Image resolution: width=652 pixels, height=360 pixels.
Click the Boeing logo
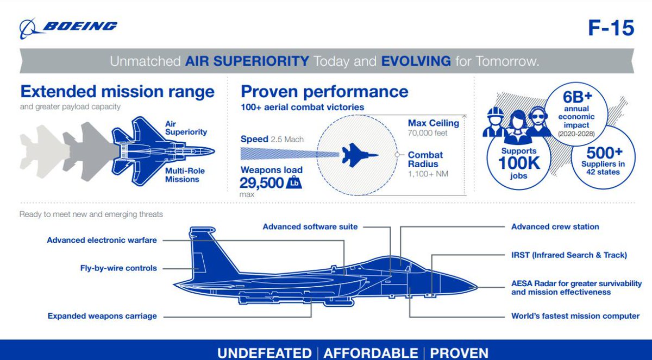68,27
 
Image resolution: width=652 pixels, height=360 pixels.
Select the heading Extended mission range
117,91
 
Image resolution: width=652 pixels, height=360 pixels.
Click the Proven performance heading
324,91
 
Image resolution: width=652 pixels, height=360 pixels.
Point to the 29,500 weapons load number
262,183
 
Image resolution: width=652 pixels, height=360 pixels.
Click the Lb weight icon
294,183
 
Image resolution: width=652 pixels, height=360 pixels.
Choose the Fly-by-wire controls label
118,268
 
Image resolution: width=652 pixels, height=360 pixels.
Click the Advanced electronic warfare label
102,240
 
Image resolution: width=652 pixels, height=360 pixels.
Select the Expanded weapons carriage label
102,315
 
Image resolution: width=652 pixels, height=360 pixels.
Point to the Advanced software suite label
310,226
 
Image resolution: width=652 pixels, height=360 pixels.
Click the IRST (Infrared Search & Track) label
569,255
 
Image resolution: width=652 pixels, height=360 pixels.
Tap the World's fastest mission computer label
575,315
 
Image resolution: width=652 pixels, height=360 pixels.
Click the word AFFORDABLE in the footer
371,352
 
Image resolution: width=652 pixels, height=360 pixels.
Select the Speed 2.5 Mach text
272,140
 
